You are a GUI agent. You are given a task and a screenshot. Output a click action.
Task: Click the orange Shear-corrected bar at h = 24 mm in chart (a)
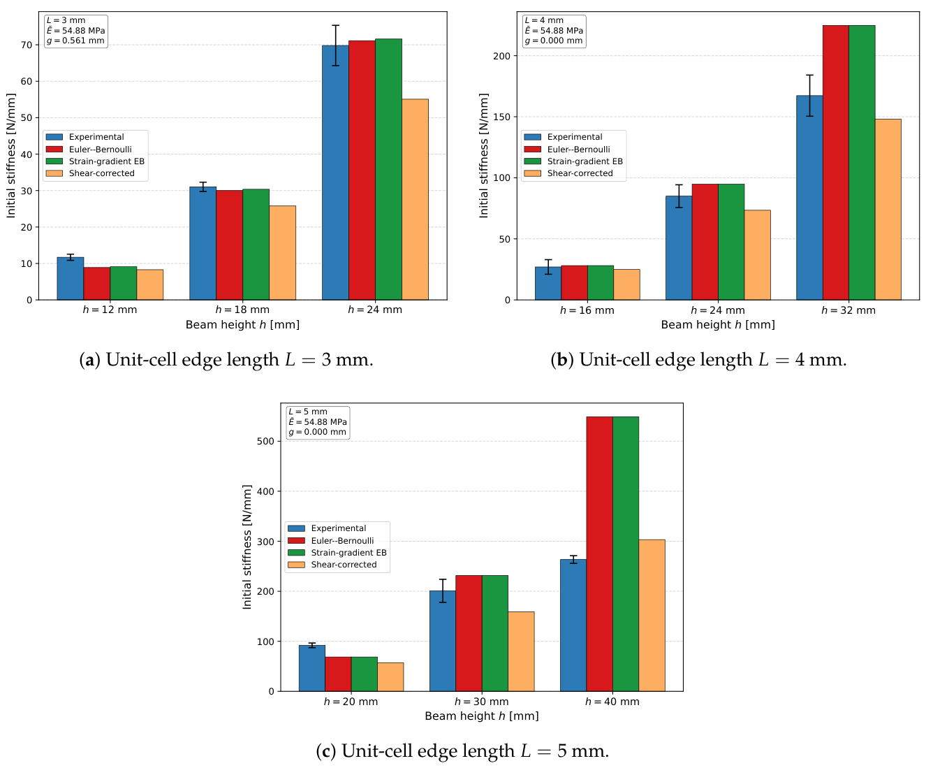pyautogui.click(x=415, y=199)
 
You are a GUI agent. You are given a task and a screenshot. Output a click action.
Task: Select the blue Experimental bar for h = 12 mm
pyautogui.click(x=70, y=278)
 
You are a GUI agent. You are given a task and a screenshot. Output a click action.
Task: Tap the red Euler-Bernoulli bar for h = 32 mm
pyautogui.click(x=835, y=163)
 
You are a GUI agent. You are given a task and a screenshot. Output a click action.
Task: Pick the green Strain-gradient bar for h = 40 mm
pyautogui.click(x=625, y=553)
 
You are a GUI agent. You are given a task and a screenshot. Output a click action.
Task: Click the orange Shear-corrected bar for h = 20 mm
pyautogui.click(x=390, y=676)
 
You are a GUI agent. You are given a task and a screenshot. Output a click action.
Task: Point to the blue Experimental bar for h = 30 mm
pyautogui.click(x=442, y=641)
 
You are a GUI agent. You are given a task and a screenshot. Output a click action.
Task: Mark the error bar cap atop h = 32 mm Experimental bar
pyautogui.click(x=809, y=75)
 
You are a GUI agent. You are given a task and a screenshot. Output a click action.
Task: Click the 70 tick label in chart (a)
pyautogui.click(x=27, y=45)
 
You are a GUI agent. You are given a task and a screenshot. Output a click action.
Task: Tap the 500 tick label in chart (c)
pyautogui.click(x=265, y=441)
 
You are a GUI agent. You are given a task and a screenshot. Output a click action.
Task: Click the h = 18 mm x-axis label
pyautogui.click(x=242, y=310)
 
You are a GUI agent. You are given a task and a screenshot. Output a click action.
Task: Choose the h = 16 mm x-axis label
pyautogui.click(x=587, y=310)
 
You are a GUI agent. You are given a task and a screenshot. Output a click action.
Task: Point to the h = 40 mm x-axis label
pyautogui.click(x=612, y=702)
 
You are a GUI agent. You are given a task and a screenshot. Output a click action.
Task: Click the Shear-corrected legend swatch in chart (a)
pyautogui.click(x=54, y=173)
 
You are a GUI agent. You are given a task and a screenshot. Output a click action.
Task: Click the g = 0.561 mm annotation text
pyautogui.click(x=75, y=41)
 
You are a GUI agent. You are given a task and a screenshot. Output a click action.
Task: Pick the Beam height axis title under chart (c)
pyautogui.click(x=482, y=716)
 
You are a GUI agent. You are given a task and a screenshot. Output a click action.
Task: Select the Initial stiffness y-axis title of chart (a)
pyautogui.click(x=11, y=155)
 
